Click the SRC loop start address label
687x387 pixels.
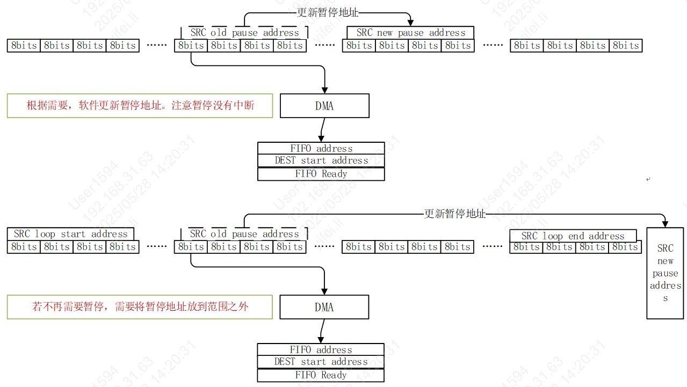70,234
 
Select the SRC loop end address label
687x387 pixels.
573,236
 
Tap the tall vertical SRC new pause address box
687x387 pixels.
665,273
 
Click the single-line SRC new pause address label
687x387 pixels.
410,33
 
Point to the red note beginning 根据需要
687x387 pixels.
140,106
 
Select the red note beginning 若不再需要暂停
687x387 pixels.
140,307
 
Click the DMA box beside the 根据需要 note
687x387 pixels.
324,106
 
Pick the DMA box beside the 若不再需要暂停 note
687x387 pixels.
324,308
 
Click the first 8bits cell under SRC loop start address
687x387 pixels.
24,247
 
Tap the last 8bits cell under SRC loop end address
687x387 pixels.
625,247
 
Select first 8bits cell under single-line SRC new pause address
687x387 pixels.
359,46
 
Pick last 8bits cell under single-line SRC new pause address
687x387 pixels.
458,46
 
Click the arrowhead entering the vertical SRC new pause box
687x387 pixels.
665,223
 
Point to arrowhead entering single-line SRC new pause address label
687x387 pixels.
410,23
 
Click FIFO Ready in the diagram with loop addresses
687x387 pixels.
321,375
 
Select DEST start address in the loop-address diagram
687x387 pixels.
321,362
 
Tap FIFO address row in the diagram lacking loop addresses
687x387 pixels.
321,149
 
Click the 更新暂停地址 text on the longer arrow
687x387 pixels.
454,214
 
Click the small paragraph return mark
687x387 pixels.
648,179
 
